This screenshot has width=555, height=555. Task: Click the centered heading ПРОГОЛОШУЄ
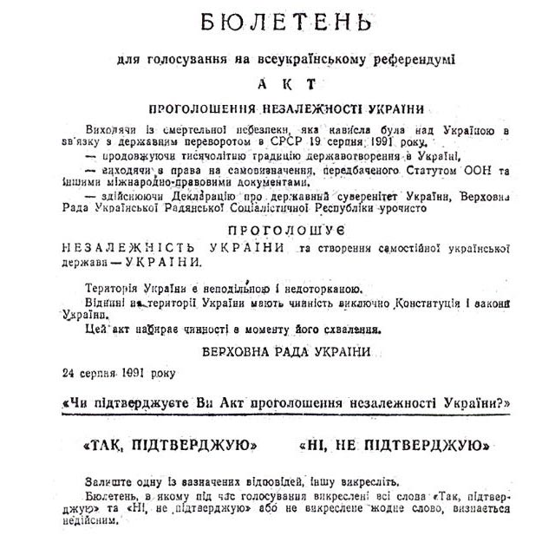click(286, 232)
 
